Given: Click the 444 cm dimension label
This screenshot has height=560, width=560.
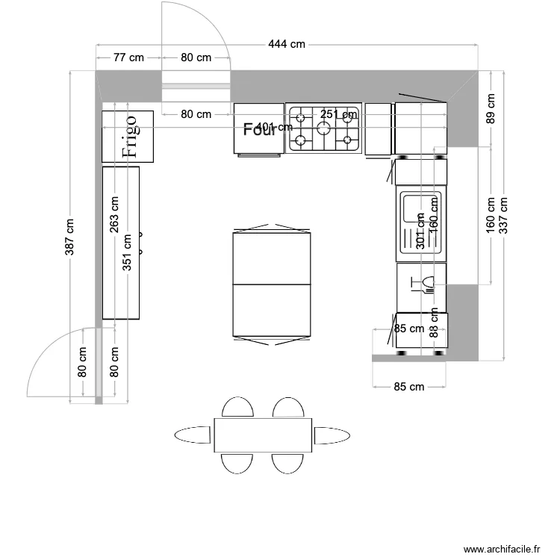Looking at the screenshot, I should pos(287,45).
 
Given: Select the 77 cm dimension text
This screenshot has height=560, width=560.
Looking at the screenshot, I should pos(128,57).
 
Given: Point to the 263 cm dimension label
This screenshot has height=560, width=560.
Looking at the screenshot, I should pos(114,215).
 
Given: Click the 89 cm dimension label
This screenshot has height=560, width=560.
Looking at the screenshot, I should pos(491,109).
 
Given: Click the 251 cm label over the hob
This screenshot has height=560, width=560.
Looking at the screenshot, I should pos(339,114).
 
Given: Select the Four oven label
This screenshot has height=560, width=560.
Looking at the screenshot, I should pos(259,130).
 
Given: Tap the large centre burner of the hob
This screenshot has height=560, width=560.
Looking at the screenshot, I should pos(324,128).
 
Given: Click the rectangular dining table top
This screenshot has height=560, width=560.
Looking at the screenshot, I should pos(263,435).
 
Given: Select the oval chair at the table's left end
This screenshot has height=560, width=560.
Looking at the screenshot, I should pos(192,435).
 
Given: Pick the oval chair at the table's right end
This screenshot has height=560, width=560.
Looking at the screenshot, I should pos(332,435).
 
